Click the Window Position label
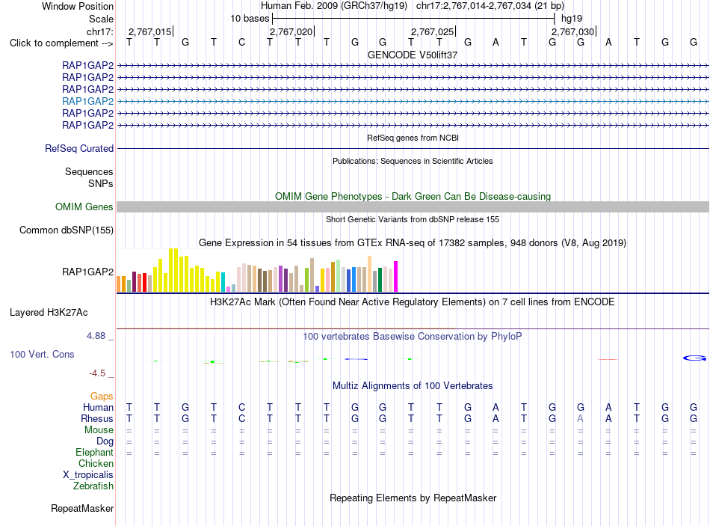tap(78, 6)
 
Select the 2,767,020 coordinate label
tap(291, 31)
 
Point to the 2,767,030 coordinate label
tap(572, 31)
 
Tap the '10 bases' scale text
tap(250, 19)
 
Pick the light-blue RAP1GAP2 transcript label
tap(88, 101)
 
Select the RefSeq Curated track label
tap(79, 148)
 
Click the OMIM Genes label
tap(84, 207)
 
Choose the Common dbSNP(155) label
tap(66, 230)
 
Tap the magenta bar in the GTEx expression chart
tap(396, 276)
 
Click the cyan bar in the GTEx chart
tap(223, 281)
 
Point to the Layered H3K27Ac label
tap(49, 313)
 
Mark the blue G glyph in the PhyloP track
tap(694, 358)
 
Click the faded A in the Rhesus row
tap(581, 418)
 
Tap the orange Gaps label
tap(102, 397)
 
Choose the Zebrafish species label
tap(93, 486)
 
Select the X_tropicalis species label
tap(88, 475)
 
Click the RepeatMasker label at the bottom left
tap(82, 508)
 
